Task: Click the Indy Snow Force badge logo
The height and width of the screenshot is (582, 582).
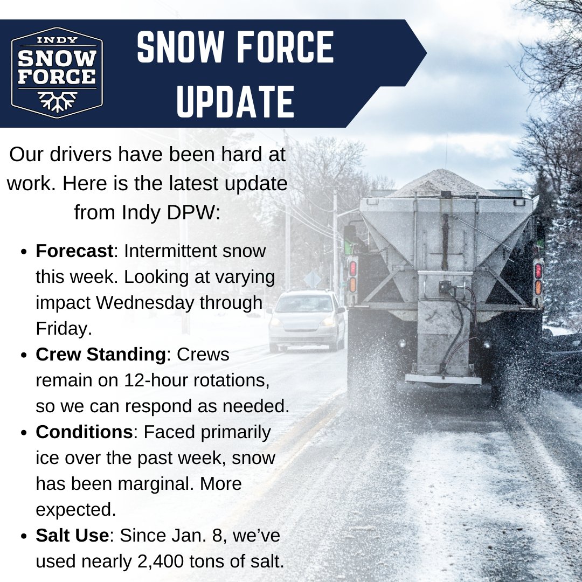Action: pyautogui.click(x=57, y=72)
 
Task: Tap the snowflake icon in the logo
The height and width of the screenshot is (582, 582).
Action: pyautogui.click(x=57, y=101)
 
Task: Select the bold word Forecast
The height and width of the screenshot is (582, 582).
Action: pyautogui.click(x=74, y=251)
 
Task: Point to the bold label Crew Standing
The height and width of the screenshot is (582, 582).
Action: pyautogui.click(x=100, y=355)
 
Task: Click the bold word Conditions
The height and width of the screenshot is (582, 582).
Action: pyautogui.click(x=84, y=432)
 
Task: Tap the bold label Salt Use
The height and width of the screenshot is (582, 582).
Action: pyautogui.click(x=73, y=536)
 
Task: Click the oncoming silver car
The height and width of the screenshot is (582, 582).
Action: pyautogui.click(x=306, y=320)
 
